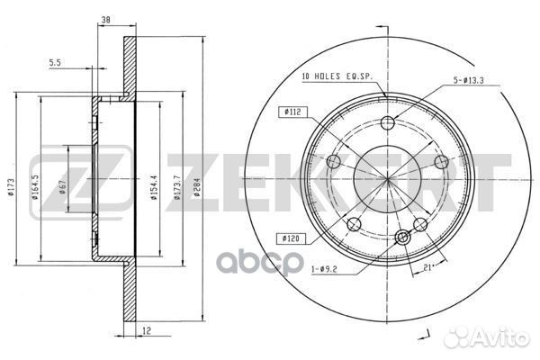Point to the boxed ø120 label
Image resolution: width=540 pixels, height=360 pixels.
coord(291,239)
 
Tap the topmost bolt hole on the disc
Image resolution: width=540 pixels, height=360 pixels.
coord(388,124)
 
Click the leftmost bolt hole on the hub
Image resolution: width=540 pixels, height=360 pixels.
coord(333,163)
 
